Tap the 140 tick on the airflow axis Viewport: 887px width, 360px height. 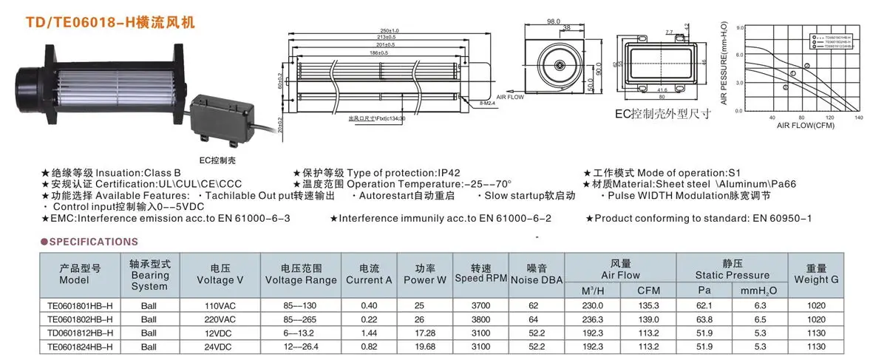pyautogui.click(x=858, y=118)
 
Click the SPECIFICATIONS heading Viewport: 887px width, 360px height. pyautogui.click(x=93, y=241)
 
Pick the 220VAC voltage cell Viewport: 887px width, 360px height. pyautogui.click(x=220, y=319)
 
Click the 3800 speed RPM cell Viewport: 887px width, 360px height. pyautogui.click(x=480, y=319)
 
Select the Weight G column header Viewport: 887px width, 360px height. pyautogui.click(x=817, y=274)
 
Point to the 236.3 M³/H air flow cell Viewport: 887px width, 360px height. pyautogui.click(x=594, y=319)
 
